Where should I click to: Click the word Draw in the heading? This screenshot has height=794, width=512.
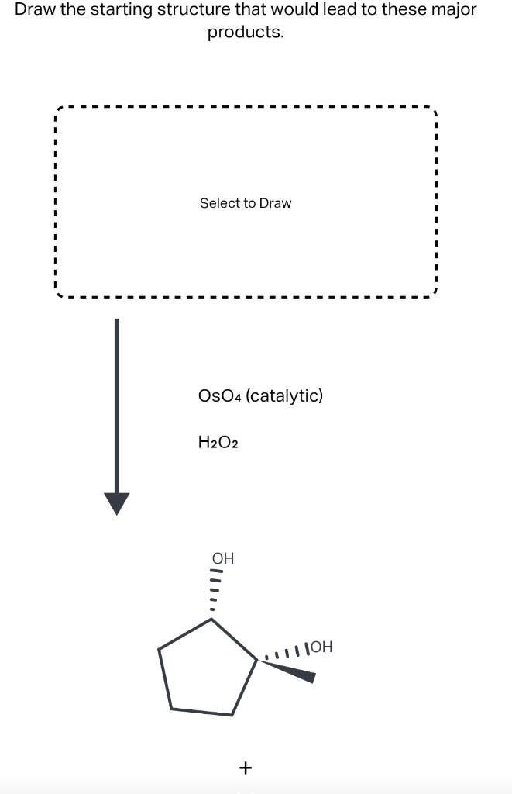tap(35, 10)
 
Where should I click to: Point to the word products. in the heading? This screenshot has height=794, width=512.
tap(245, 33)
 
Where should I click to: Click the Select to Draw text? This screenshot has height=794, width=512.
tap(246, 203)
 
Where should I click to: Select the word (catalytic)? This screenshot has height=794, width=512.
tap(287, 396)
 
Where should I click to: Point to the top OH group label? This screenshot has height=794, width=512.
tap(223, 558)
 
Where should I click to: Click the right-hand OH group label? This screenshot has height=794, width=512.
tap(320, 647)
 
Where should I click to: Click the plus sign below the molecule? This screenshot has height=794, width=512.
tap(246, 768)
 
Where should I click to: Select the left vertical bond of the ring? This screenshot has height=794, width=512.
tap(165, 679)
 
